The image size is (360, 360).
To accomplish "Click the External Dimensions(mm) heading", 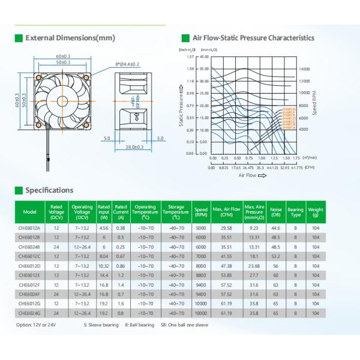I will pos(69,38).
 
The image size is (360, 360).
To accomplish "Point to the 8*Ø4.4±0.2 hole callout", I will pos(128,63).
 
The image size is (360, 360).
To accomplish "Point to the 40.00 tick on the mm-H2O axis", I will pos(204,57).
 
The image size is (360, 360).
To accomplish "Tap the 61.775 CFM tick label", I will pos(296,169).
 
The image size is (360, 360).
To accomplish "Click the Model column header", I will pos(29,212).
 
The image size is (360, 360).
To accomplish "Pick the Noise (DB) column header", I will pos(276,212).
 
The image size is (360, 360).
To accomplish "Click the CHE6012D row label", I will pos(29,265).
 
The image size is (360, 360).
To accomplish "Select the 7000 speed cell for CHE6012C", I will pos(200,256).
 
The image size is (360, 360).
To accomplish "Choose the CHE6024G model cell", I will pos(29,313).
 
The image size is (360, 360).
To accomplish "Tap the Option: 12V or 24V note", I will pos(36,325).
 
